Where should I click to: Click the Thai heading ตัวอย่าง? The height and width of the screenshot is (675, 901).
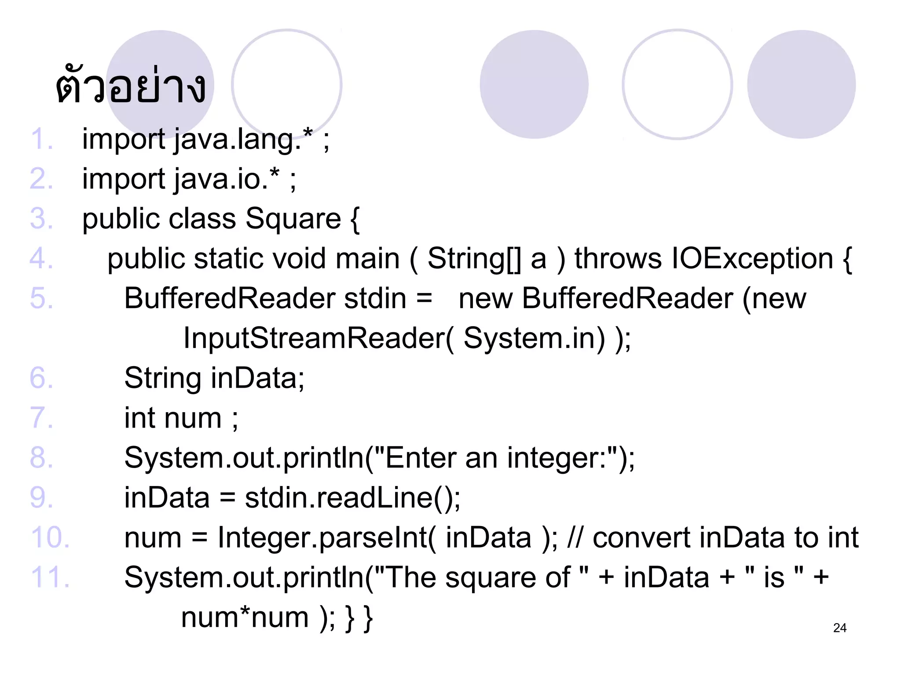click(x=131, y=86)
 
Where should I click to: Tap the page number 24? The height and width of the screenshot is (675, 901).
click(x=839, y=628)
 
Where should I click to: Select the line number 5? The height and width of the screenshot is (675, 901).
click(x=41, y=298)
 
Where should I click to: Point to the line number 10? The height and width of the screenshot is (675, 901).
click(x=50, y=537)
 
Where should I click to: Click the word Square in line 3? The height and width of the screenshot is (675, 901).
click(x=293, y=219)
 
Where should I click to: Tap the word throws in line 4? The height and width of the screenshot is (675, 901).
click(x=618, y=258)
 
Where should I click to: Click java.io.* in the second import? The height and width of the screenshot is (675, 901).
click(x=227, y=179)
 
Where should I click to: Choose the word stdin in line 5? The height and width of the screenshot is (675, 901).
click(x=375, y=298)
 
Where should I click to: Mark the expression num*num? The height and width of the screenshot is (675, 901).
click(x=245, y=617)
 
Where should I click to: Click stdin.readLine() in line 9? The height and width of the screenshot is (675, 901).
click(x=352, y=498)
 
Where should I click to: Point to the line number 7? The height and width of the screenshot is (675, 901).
click(x=41, y=418)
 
